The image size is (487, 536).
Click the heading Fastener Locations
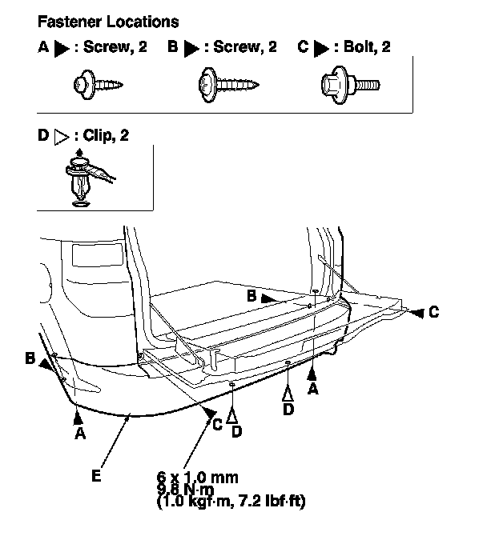pyautogui.click(x=108, y=22)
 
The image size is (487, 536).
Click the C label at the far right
pyautogui.click(x=433, y=313)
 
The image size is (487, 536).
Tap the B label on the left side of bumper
pyautogui.click(x=30, y=359)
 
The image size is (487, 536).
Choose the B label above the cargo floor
pyautogui.click(x=252, y=296)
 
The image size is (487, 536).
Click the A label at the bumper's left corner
pyautogui.click(x=79, y=433)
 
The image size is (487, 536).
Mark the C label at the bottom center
pyautogui.click(x=216, y=425)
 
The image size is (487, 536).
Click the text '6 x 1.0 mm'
pyautogui.click(x=198, y=478)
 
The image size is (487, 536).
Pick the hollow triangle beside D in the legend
pyautogui.click(x=61, y=137)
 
